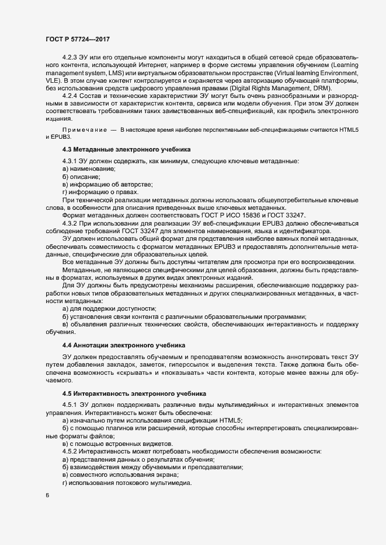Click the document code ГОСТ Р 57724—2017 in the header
tap(78, 39)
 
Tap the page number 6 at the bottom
tap(47, 495)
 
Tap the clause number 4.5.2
tap(71, 452)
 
